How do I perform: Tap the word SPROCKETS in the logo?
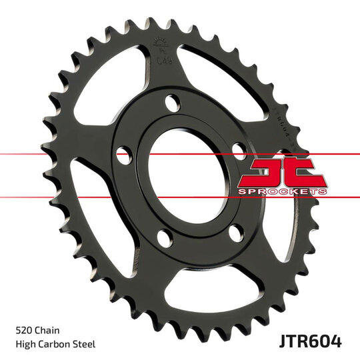(x=284, y=191)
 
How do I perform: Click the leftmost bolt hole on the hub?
(x=123, y=156)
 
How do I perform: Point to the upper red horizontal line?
(x=67, y=153)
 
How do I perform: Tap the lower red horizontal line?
(x=67, y=197)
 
